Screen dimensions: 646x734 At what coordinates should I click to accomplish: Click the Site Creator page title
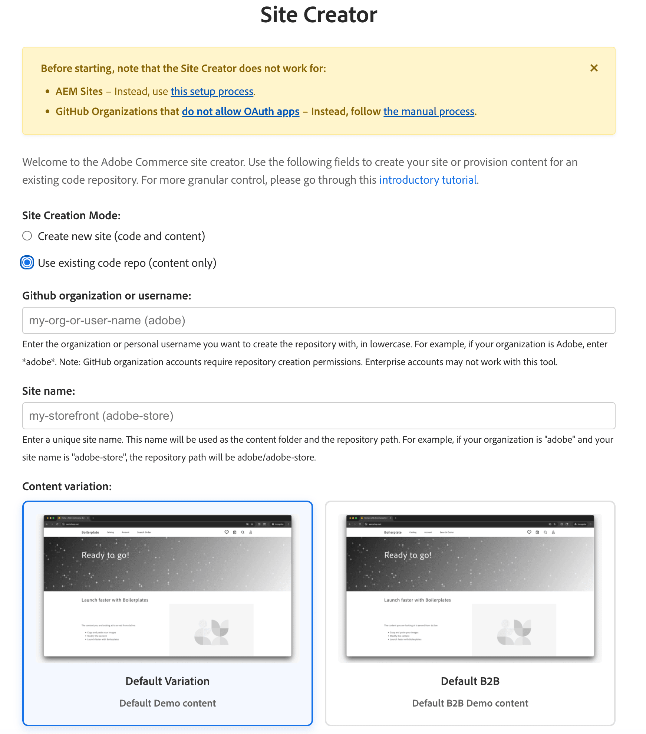(x=319, y=15)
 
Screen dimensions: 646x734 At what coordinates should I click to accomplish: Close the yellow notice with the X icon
(x=594, y=68)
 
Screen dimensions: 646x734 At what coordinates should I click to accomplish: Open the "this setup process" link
(x=212, y=91)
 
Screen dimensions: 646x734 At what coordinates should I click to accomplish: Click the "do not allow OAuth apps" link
(x=240, y=111)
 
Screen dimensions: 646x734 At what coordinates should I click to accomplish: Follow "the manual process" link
(x=429, y=111)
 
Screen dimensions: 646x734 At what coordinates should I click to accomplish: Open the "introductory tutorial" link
(x=428, y=180)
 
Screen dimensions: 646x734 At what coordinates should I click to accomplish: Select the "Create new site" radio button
(x=27, y=236)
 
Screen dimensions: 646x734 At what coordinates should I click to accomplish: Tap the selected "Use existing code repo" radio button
(x=27, y=263)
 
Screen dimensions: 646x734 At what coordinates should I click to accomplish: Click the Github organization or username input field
(x=319, y=320)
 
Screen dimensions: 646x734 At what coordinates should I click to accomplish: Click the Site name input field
(x=319, y=416)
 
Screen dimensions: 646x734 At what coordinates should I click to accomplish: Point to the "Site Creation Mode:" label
(x=71, y=216)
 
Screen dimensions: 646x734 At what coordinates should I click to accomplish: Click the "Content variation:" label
(x=67, y=486)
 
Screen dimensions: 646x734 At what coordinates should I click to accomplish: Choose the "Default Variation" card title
(x=167, y=681)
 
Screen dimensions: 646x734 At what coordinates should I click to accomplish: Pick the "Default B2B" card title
(x=470, y=681)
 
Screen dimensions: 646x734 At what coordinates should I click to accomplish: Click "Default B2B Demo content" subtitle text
(x=470, y=703)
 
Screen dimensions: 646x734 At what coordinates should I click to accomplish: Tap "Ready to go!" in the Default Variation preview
(x=105, y=555)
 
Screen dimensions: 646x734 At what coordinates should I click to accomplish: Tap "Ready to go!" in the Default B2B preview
(x=408, y=555)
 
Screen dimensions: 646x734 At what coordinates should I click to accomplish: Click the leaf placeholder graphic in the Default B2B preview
(x=514, y=632)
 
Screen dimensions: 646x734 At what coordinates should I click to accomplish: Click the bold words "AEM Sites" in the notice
(x=79, y=91)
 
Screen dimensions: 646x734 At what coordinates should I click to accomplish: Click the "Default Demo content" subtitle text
(x=167, y=703)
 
